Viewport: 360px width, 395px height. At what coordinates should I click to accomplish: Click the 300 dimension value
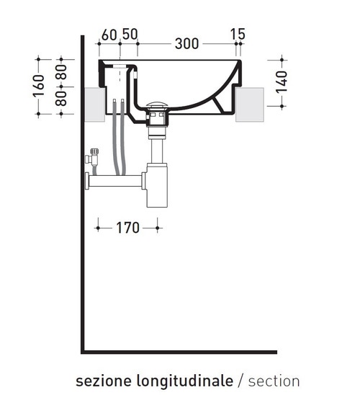click(x=186, y=43)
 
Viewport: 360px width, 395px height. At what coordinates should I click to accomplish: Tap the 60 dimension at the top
click(x=109, y=35)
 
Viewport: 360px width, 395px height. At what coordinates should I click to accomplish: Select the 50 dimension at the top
click(x=130, y=35)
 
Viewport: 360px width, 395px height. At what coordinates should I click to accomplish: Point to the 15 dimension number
click(x=238, y=35)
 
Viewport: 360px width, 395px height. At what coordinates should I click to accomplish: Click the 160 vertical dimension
click(x=42, y=86)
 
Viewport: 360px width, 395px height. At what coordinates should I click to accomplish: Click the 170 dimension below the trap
click(x=127, y=228)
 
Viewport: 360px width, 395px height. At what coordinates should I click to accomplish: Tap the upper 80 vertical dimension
click(x=63, y=72)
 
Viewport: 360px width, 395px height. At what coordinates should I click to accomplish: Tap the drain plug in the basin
click(x=156, y=107)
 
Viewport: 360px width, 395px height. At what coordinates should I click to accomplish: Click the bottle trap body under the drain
click(x=156, y=187)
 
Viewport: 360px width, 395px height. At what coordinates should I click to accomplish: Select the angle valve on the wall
click(x=91, y=158)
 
